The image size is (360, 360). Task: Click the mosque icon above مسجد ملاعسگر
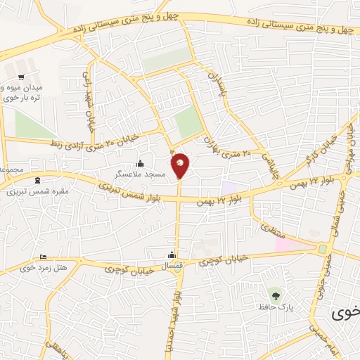[x=139, y=163]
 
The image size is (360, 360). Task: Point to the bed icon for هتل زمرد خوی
[x=44, y=257]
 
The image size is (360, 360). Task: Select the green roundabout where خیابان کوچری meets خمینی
[x=323, y=248]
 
